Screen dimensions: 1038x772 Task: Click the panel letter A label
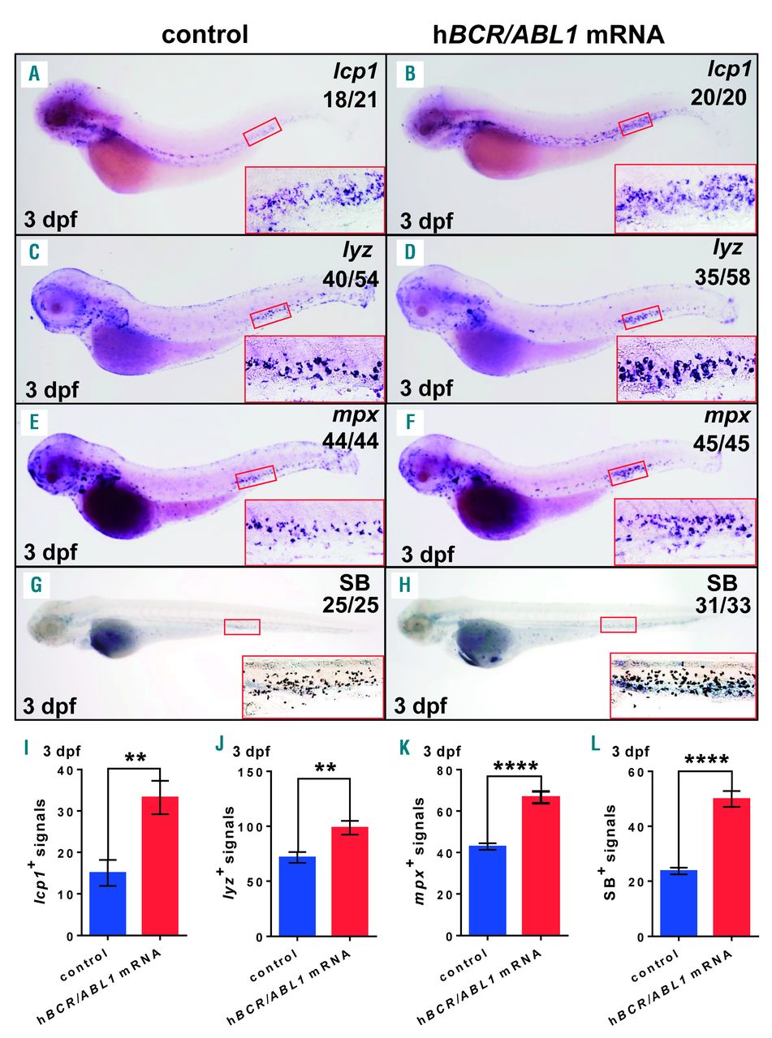click(34, 75)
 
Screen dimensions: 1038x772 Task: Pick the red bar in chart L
click(732, 867)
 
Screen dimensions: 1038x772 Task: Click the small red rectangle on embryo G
click(242, 627)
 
